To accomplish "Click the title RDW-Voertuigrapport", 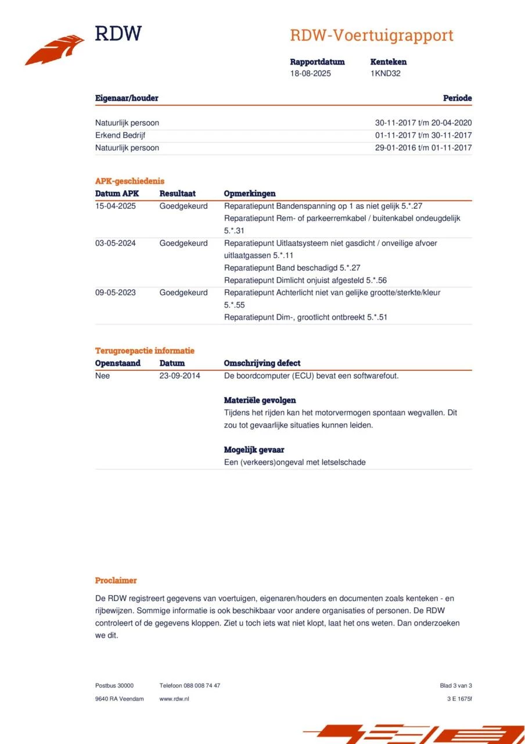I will (x=372, y=35).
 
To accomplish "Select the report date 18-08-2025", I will (x=311, y=74).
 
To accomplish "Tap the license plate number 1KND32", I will (x=386, y=74).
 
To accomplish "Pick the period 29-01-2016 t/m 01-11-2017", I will (x=423, y=148).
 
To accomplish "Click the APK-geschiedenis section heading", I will (x=130, y=181).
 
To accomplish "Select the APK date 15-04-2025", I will (x=116, y=206).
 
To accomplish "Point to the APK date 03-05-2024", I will (x=116, y=244).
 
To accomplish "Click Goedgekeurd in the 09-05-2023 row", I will (x=184, y=293).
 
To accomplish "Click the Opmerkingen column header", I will (x=250, y=194).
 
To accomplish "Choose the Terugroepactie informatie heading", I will (x=145, y=351).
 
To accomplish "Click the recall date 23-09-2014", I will (x=179, y=376).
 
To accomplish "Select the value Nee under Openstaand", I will (x=103, y=376).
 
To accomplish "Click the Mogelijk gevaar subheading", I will (x=254, y=450).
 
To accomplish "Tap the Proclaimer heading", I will (x=116, y=581).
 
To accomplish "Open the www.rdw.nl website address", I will (x=174, y=699).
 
